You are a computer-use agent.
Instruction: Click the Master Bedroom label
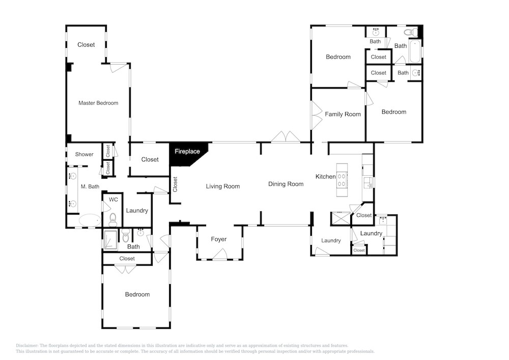click(x=98, y=103)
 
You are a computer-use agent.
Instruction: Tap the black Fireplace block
click(x=188, y=153)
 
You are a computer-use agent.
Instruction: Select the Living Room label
click(x=223, y=186)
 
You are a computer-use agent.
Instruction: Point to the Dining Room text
click(x=286, y=184)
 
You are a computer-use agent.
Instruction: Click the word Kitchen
click(x=326, y=177)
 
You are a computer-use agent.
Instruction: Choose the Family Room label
click(x=343, y=114)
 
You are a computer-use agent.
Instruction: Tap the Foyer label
click(x=218, y=239)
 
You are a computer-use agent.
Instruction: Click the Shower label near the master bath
click(x=84, y=154)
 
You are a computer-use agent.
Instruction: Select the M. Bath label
click(x=90, y=186)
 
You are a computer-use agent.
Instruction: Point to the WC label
click(x=114, y=199)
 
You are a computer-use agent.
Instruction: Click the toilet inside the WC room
click(x=112, y=220)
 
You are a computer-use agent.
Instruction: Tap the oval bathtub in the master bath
click(x=90, y=220)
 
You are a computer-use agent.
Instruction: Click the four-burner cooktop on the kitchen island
click(x=342, y=180)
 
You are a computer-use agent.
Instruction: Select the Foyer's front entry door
click(x=219, y=255)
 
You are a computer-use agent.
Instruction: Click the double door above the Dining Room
click(x=286, y=136)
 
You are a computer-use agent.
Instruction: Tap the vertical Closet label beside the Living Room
click(x=175, y=184)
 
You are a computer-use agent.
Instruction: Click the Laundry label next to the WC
click(x=137, y=211)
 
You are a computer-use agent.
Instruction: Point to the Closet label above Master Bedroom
click(x=86, y=45)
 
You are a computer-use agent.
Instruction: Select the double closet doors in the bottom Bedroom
click(x=125, y=269)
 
